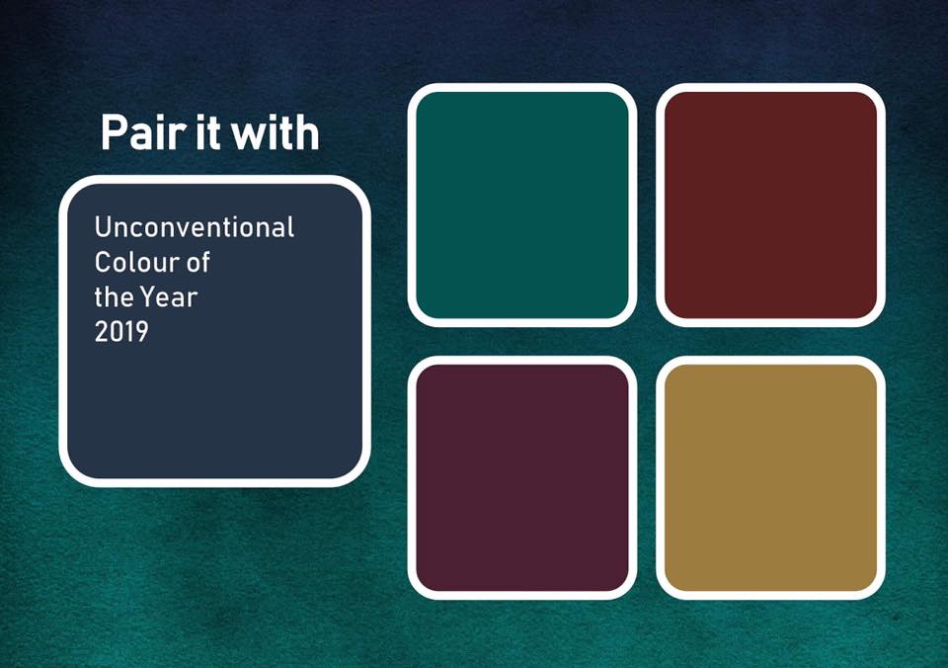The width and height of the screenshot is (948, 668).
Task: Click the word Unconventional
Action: [195, 227]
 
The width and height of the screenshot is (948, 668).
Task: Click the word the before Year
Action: [115, 297]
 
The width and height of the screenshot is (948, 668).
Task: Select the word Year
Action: [169, 297]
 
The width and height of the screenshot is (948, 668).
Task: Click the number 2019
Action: [121, 332]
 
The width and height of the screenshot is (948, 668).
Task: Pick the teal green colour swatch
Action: [522, 206]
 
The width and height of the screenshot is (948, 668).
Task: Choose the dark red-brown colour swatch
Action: [771, 206]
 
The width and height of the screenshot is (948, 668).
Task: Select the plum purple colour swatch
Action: [522, 478]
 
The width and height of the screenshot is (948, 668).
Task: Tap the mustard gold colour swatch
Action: [771, 478]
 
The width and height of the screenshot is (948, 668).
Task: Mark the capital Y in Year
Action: [148, 297]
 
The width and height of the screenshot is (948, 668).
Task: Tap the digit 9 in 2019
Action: [141, 332]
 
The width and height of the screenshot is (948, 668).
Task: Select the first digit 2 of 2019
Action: [101, 332]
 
